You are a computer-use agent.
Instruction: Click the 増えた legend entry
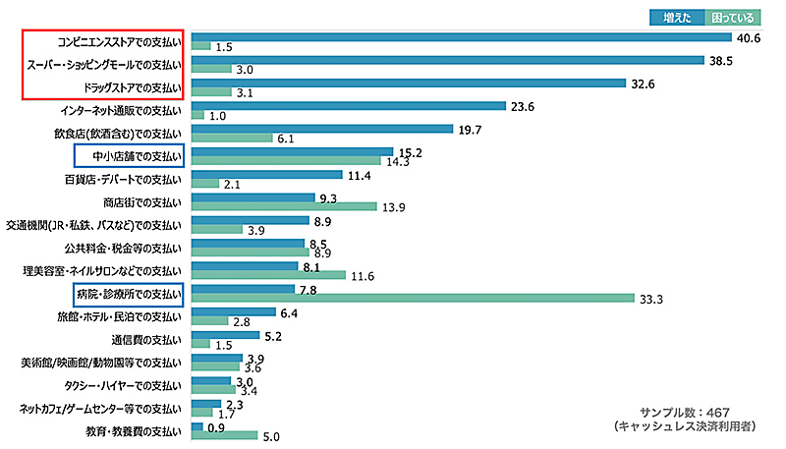tap(676, 17)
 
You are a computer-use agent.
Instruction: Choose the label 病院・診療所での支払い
tap(129, 293)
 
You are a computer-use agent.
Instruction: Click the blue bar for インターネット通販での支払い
tap(348, 106)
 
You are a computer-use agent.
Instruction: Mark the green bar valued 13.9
tap(284, 206)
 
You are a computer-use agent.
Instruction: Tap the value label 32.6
tap(644, 84)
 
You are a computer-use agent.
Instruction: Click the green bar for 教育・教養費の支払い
tap(224, 436)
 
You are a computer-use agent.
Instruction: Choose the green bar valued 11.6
tap(268, 275)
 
